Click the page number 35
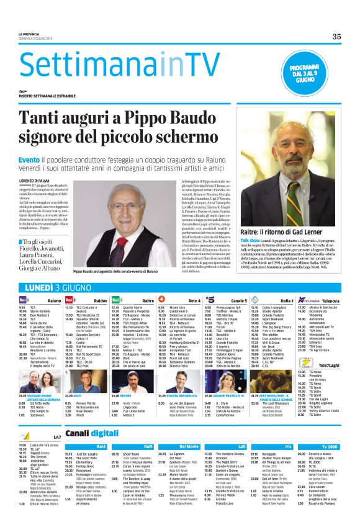[x=336, y=37]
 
